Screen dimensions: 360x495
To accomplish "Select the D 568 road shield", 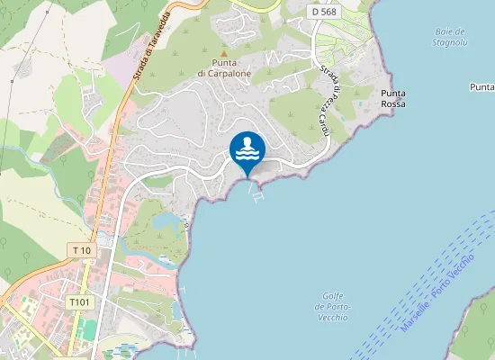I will [325, 12].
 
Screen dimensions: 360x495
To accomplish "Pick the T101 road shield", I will [79, 302].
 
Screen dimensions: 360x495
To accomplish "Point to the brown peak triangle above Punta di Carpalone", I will [224, 52].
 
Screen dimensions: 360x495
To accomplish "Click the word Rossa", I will [393, 104].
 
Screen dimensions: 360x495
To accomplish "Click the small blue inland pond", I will [164, 221].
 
